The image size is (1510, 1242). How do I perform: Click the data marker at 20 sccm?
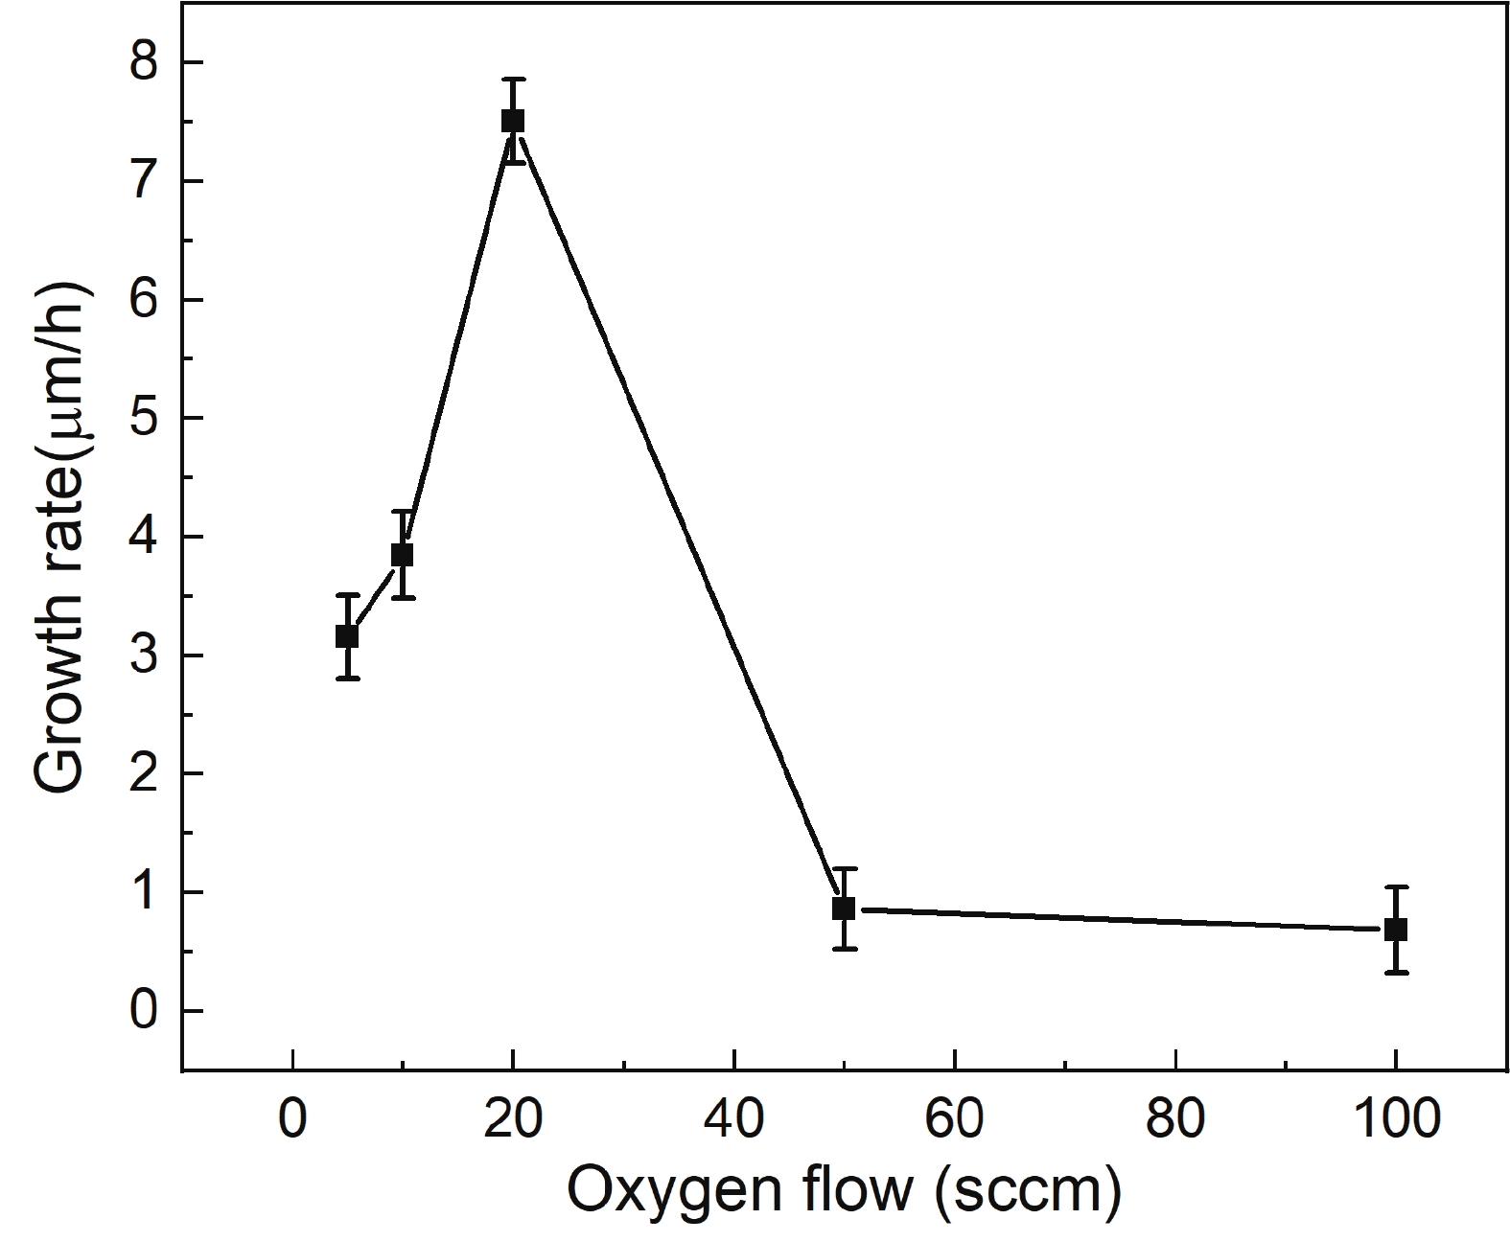point(513,121)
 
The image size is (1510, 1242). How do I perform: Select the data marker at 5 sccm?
point(347,636)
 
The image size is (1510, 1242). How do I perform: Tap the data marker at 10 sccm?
point(403,555)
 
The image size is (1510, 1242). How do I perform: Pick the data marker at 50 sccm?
point(844,908)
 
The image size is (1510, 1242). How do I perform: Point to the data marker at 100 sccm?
point(1396,930)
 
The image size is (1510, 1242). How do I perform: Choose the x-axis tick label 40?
point(734,1120)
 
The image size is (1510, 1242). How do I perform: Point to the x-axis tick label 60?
point(955,1120)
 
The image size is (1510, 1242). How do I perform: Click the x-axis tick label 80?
point(1175,1120)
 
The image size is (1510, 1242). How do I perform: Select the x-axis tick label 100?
point(1396,1120)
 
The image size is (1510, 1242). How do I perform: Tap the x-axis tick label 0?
point(292,1120)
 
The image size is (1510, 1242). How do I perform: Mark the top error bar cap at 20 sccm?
point(513,80)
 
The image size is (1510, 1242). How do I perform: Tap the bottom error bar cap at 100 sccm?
point(1396,973)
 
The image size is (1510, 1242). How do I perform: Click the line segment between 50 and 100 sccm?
point(1120,920)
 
